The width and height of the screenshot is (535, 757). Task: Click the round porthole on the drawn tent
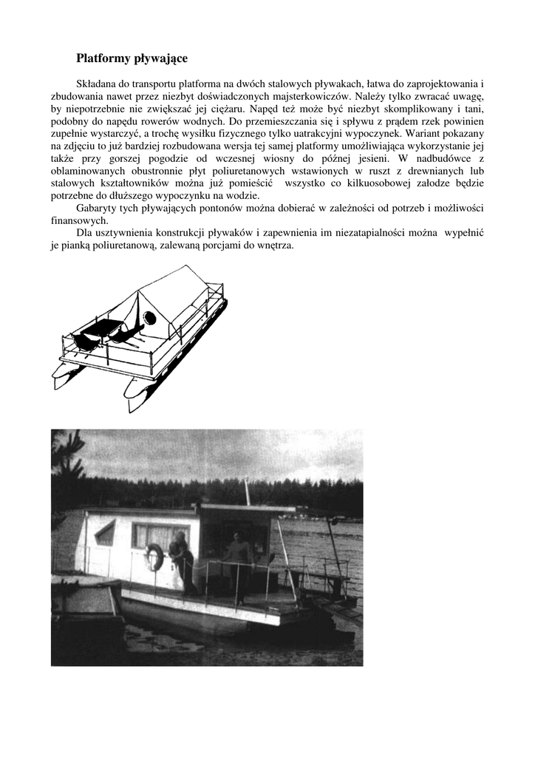pos(149,319)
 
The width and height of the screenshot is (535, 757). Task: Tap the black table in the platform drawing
pos(103,327)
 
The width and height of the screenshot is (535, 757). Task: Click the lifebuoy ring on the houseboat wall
pos(154,557)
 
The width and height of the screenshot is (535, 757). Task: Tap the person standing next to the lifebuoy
pos(182,562)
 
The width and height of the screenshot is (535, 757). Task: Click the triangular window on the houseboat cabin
pos(106,532)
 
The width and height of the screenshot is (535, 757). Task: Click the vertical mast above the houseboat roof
pos(247,490)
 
